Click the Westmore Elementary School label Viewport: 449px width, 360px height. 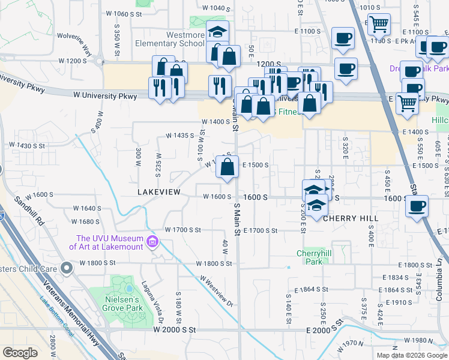[x=177, y=39]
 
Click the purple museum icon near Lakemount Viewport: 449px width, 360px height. [x=152, y=242]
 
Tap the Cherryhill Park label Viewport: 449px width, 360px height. [x=310, y=257]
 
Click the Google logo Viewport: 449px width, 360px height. [x=19, y=353]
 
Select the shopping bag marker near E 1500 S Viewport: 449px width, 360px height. [x=227, y=167]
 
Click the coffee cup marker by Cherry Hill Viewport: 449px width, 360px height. [x=417, y=206]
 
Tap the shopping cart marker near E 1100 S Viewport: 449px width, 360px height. [x=379, y=24]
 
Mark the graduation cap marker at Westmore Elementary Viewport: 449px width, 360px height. [x=217, y=31]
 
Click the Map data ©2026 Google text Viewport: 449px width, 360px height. [x=412, y=355]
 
